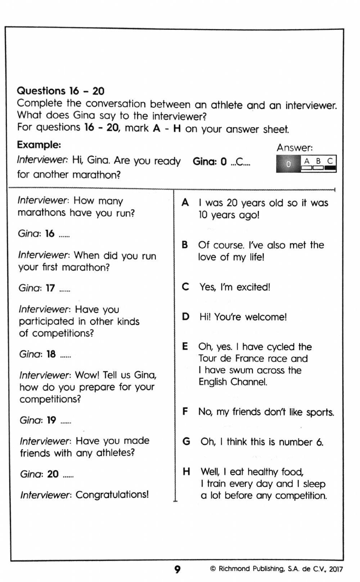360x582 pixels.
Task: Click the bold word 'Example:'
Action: tap(39, 145)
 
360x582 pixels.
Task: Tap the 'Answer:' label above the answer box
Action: tap(294, 148)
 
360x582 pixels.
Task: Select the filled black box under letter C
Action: tap(330, 168)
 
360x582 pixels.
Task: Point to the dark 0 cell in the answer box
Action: tap(288, 164)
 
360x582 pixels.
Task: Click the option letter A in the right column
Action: tap(185, 203)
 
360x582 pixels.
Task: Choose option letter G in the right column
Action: tap(186, 441)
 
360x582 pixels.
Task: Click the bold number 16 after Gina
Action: tap(50, 234)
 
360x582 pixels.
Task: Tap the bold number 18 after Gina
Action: tap(51, 354)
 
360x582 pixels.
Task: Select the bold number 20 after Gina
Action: tap(53, 474)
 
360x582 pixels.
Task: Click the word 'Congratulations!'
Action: tap(112, 495)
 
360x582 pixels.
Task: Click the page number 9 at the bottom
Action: tap(177, 569)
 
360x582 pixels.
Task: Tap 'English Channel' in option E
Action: tap(233, 382)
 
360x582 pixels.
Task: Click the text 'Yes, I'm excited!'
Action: tap(235, 287)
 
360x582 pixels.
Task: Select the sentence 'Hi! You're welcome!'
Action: tap(243, 317)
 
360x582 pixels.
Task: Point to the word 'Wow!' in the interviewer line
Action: tap(87, 375)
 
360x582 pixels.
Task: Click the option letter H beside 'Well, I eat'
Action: tap(186, 472)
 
